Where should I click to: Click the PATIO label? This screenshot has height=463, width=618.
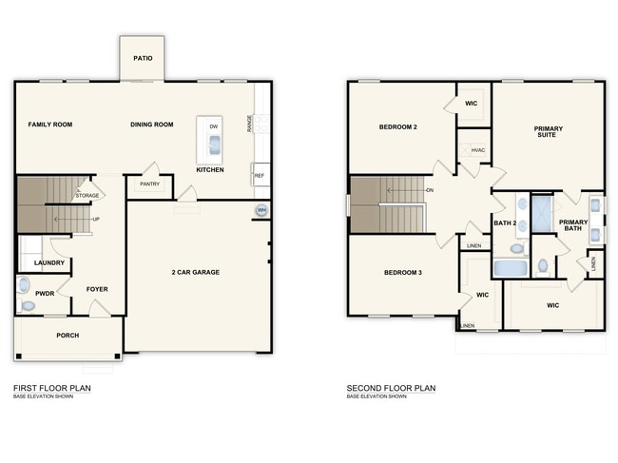(x=143, y=57)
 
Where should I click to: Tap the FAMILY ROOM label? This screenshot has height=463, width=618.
(x=49, y=125)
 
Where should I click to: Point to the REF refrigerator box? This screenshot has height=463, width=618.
(x=259, y=176)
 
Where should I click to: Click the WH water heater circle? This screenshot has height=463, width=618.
(x=261, y=210)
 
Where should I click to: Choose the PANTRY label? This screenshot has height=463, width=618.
(x=149, y=184)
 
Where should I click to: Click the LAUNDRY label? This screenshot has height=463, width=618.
(x=48, y=263)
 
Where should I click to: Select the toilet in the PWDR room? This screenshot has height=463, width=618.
(x=25, y=283)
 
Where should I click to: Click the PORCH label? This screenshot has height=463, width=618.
(x=68, y=336)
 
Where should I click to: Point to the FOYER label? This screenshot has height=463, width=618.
(x=97, y=289)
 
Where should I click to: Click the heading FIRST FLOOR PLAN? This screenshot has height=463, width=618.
(x=52, y=388)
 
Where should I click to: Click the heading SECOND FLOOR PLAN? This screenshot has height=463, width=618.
(x=391, y=388)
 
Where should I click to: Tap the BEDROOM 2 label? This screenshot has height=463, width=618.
(x=398, y=126)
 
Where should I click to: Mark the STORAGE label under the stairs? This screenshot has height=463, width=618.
(x=87, y=196)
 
